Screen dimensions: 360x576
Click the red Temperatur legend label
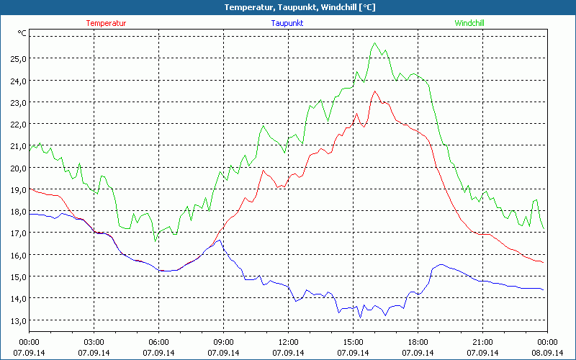click(106, 23)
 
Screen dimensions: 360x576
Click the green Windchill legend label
click(469, 23)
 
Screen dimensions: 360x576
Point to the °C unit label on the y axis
click(22, 33)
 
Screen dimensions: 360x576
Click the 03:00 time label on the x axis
click(94, 342)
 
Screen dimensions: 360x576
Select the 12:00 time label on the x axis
click(289, 342)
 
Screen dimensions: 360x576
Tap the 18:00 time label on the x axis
click(418, 342)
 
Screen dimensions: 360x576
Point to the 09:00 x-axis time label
click(224, 342)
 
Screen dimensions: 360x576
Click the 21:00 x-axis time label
click(483, 342)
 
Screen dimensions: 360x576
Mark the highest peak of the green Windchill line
click(374, 43)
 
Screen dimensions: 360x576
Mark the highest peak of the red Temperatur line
click(374, 91)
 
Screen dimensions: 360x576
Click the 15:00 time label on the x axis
click(354, 342)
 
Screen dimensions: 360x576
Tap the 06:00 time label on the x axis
click(159, 342)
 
